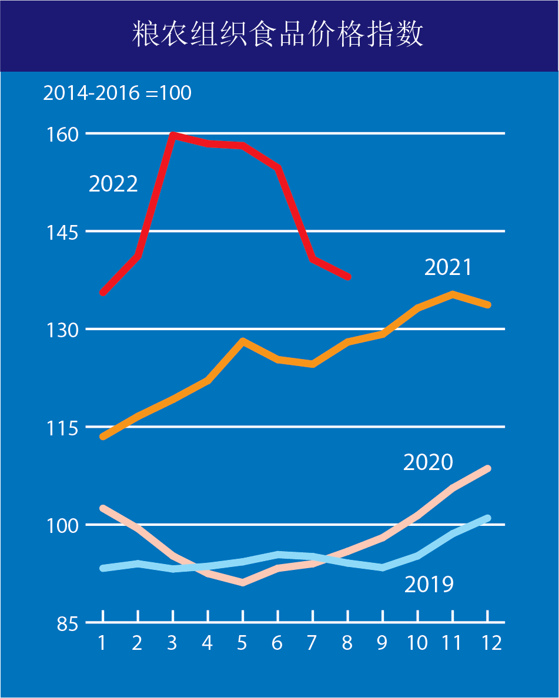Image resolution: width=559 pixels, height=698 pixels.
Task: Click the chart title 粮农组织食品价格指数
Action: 278,35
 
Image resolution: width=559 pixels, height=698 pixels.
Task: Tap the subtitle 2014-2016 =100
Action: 117,93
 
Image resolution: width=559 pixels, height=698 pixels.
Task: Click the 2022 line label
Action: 113,184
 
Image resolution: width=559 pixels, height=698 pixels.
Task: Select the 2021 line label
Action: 448,267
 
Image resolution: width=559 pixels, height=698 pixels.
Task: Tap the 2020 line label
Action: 428,462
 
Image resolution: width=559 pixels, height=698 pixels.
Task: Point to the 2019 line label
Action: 429,584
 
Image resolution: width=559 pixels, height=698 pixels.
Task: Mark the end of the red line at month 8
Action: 348,277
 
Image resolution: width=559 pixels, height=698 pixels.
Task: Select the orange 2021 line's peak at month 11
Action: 453,294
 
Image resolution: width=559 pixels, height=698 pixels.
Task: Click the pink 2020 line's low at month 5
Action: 243,582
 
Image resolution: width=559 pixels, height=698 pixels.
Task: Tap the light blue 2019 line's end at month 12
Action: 487,518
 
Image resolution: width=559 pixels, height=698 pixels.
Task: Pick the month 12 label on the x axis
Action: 487,643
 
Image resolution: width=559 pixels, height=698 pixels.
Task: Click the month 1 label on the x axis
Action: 102,643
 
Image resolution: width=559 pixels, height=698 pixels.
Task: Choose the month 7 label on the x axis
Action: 312,643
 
